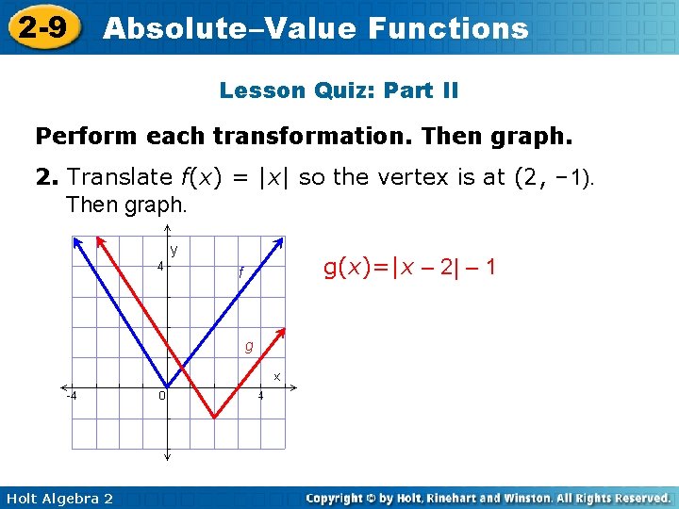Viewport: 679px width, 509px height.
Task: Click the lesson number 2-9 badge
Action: click(x=41, y=27)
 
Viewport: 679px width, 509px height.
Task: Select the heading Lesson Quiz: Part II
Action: click(x=339, y=90)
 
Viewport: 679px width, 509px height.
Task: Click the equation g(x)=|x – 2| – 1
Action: click(x=409, y=268)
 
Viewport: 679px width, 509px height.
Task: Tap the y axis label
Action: click(x=174, y=250)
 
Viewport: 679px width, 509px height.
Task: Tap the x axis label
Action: click(x=277, y=376)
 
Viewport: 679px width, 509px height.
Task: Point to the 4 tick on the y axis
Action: click(x=160, y=265)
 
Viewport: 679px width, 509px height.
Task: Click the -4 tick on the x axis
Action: click(x=71, y=395)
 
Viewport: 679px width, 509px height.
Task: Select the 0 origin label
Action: click(x=162, y=395)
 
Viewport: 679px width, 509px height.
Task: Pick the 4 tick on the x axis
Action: click(x=261, y=395)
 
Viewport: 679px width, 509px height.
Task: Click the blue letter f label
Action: click(x=241, y=271)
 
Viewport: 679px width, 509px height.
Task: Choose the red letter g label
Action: click(x=249, y=346)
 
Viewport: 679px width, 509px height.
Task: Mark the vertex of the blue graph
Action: click(x=167, y=386)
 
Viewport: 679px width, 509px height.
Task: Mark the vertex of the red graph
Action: click(x=214, y=417)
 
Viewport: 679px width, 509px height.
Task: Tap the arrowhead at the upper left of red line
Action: click(x=104, y=241)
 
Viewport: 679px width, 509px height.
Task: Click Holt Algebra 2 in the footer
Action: click(x=58, y=498)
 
